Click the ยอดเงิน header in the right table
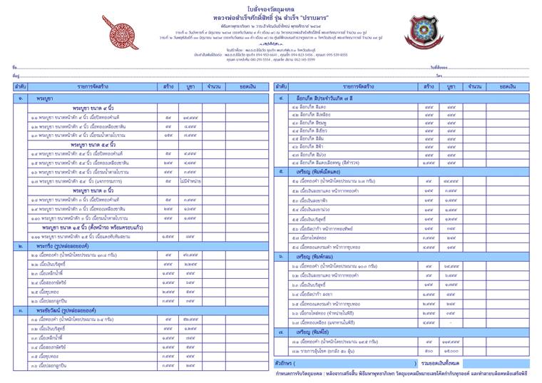tap(507, 86)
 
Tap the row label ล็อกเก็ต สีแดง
tap(311, 106)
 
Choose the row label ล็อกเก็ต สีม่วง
tap(311, 154)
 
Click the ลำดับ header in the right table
tap(281, 86)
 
